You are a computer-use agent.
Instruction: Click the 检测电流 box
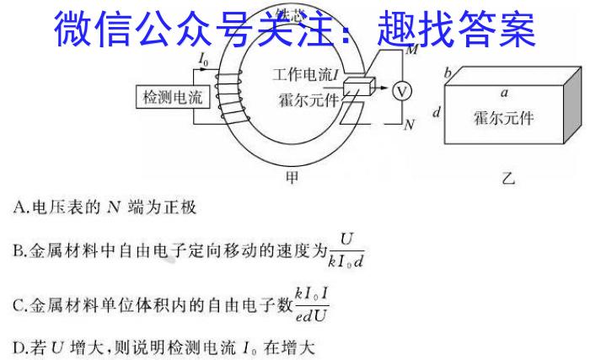click(171, 99)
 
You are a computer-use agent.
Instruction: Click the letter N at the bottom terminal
click(410, 125)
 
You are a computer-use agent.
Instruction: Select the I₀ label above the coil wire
click(204, 61)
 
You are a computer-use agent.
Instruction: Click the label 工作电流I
click(308, 76)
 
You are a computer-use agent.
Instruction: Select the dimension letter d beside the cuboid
click(435, 111)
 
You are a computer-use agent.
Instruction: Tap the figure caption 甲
click(292, 177)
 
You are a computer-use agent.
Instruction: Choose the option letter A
click(19, 205)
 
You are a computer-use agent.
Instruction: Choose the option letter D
click(19, 346)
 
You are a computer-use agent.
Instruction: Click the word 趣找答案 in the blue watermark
click(456, 31)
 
